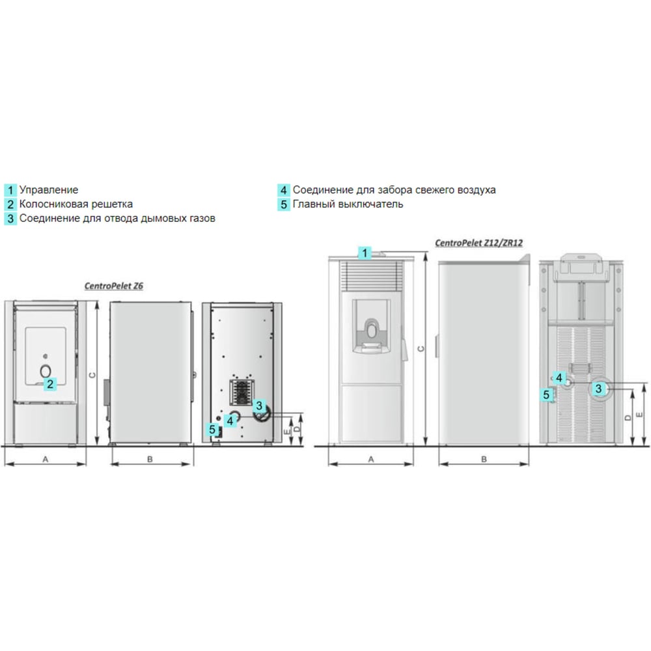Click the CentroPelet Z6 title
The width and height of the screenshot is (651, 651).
point(114,286)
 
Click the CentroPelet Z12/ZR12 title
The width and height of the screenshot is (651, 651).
point(478,243)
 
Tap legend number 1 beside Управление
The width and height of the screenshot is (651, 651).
point(10,190)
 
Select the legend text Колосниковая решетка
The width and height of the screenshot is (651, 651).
point(76,204)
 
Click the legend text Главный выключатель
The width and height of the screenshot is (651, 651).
point(348,204)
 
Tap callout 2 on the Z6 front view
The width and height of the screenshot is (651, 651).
point(50,384)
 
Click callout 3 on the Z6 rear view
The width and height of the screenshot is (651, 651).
point(259,406)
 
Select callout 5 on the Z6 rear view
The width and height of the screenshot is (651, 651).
point(212,429)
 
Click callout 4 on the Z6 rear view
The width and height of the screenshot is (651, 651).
point(230,421)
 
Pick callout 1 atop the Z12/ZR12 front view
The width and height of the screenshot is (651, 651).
point(365,253)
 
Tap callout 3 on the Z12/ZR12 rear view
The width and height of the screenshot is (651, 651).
point(598,389)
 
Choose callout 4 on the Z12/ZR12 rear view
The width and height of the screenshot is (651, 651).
point(559,378)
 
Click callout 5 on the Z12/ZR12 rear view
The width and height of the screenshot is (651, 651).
point(546,395)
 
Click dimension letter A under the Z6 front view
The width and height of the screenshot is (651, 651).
point(46,459)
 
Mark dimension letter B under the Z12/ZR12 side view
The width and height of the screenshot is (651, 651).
point(484,459)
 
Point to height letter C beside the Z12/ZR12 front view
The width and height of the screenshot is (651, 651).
point(421,349)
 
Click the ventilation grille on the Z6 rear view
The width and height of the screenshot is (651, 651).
point(242,393)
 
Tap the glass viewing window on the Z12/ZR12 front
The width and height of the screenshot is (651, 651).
point(372,326)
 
